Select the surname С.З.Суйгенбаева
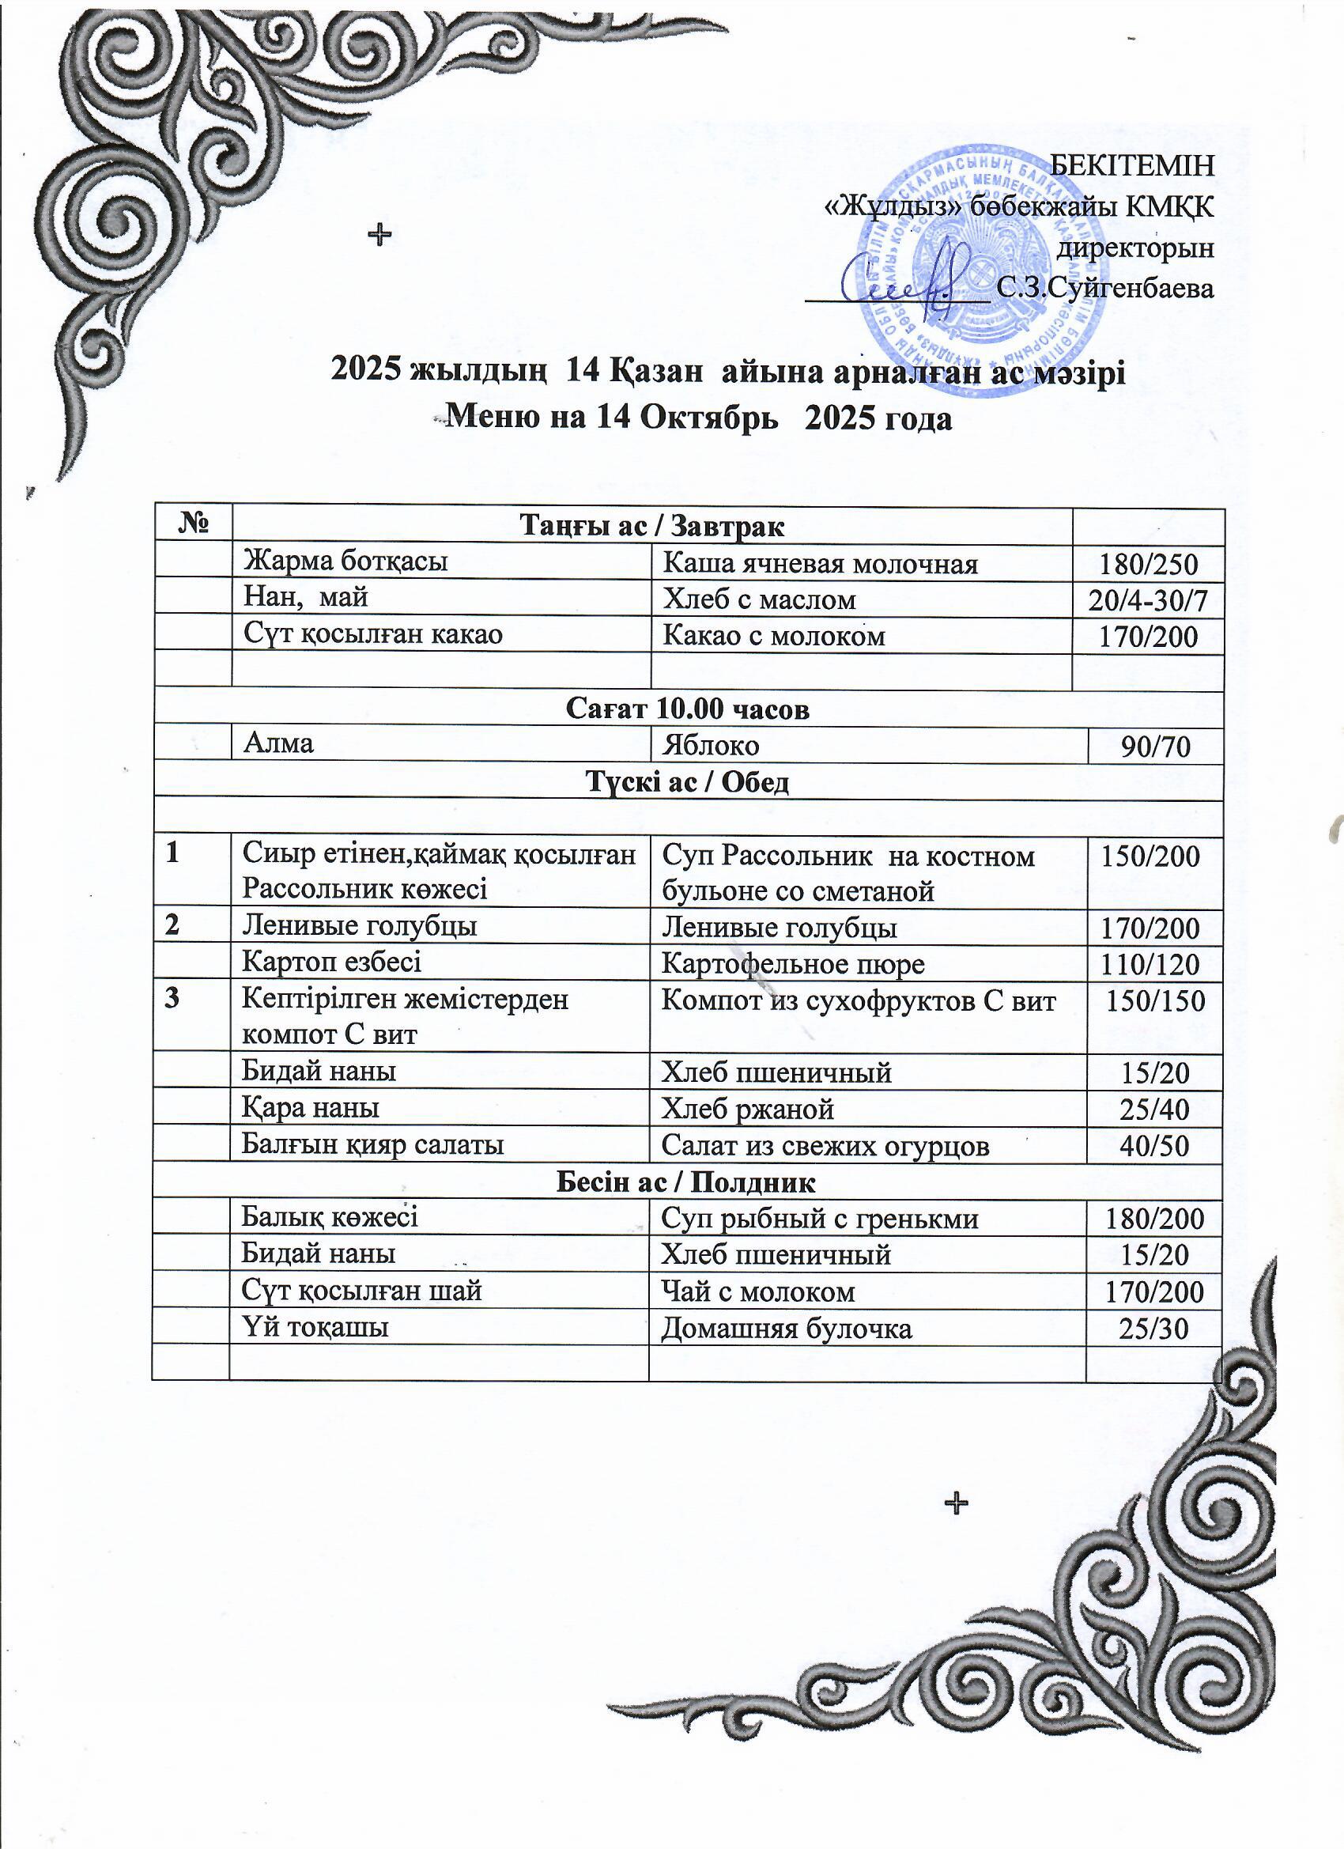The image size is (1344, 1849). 1105,288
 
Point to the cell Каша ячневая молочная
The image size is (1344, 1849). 819,563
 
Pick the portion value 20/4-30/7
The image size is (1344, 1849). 1148,601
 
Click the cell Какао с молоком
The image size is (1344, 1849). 772,635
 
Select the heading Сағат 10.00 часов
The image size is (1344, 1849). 688,709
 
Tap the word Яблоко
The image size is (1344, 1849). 711,745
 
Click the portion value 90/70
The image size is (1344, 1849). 1155,747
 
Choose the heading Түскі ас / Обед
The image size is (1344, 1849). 688,782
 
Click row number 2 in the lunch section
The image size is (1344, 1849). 171,925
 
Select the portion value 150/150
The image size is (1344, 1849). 1154,1000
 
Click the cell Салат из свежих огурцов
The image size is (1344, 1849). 825,1146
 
